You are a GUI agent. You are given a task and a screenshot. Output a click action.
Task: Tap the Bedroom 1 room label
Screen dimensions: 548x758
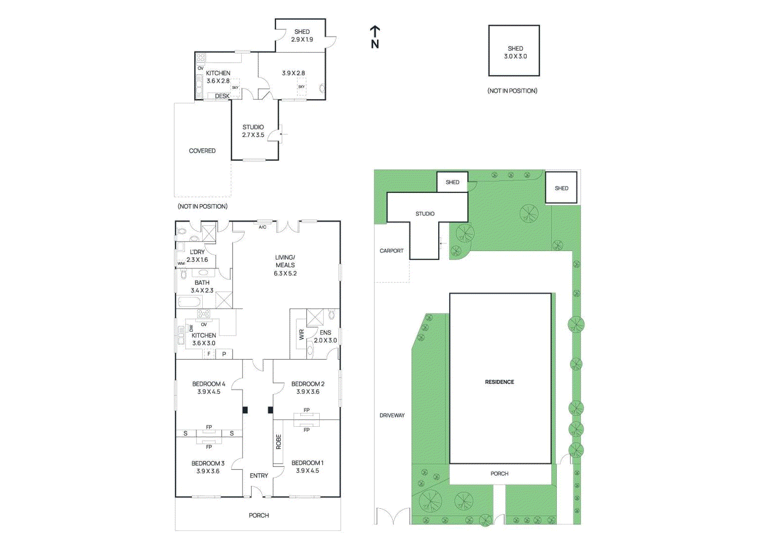coord(307,467)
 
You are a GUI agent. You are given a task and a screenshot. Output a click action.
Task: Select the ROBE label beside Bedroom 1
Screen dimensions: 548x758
coord(279,442)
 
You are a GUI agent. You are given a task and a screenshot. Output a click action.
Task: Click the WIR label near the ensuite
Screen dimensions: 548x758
coord(301,335)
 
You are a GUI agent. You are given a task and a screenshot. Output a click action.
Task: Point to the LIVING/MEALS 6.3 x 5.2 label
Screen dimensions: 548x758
coord(285,265)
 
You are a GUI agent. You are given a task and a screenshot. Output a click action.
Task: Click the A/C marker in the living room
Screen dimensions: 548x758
coord(262,227)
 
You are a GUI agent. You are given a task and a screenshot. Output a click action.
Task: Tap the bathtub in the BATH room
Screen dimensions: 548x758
coord(190,302)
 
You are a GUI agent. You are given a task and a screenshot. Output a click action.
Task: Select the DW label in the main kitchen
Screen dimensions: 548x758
coord(191,328)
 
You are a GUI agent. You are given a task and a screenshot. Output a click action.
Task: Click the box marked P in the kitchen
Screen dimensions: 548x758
coord(224,354)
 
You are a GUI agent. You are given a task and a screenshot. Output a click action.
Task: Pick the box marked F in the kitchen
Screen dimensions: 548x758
coord(209,354)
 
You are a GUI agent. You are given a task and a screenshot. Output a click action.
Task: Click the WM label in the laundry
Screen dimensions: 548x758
coord(181,263)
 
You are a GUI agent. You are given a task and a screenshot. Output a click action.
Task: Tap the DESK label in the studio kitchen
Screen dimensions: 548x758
coord(222,96)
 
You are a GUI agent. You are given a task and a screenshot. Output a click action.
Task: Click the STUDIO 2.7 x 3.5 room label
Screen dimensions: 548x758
coord(253,131)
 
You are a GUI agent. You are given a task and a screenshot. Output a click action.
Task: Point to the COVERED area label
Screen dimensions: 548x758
coord(202,151)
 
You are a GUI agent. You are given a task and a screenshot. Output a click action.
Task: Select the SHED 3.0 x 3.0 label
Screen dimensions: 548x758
coord(515,52)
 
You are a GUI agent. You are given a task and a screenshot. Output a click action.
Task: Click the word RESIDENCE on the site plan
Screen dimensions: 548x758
coord(499,382)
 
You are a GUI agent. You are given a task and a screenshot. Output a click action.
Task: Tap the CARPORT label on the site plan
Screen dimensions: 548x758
coord(391,251)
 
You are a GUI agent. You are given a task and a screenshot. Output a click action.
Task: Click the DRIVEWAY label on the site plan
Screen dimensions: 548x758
coord(392,415)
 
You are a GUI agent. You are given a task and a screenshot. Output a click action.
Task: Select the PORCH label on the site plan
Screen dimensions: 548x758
coord(499,474)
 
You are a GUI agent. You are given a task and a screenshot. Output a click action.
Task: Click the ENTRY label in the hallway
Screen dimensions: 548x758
coord(259,476)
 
